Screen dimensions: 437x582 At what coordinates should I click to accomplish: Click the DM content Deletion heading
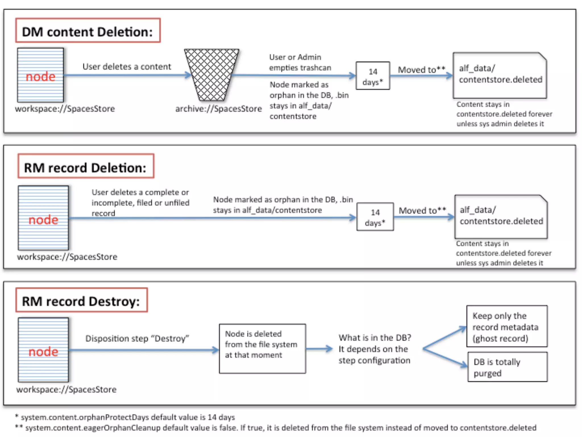pyautogui.click(x=88, y=31)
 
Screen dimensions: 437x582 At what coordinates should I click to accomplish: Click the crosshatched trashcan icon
pyautogui.click(x=211, y=75)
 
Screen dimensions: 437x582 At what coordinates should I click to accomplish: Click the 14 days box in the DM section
pyautogui.click(x=373, y=76)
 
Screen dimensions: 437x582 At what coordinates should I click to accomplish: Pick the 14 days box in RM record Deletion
pyautogui.click(x=375, y=217)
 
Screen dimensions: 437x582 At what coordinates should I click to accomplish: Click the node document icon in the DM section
pyautogui.click(x=40, y=75)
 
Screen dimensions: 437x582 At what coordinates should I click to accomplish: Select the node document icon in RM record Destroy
pyautogui.click(x=43, y=350)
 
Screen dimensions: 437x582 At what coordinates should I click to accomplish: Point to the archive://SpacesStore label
pyautogui.click(x=218, y=109)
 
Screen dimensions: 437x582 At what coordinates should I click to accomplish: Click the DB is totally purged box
pyautogui.click(x=507, y=367)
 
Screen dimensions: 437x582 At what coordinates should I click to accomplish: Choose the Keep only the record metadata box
pyautogui.click(x=507, y=327)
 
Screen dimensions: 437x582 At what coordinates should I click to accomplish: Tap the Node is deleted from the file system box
pyautogui.click(x=262, y=349)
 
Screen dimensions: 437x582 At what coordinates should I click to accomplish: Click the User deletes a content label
pyautogui.click(x=127, y=67)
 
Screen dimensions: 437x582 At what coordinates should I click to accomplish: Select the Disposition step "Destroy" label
pyautogui.click(x=137, y=339)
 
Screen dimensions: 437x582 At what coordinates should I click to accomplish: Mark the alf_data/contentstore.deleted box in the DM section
pyautogui.click(x=500, y=75)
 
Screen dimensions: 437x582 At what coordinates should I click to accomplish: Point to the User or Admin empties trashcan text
pyautogui.click(x=300, y=62)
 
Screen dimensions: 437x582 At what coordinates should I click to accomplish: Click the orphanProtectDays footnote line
pyautogui.click(x=125, y=417)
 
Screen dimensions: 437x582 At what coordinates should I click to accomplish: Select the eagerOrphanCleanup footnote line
pyautogui.click(x=276, y=428)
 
